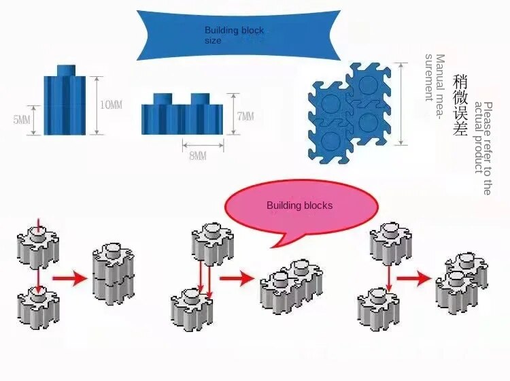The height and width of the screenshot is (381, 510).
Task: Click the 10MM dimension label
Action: coord(111,105)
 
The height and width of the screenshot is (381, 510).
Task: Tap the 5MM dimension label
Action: coord(22,120)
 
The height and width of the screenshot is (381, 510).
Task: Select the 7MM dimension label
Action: coord(245,117)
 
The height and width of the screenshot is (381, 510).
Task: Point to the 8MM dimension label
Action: coord(197,156)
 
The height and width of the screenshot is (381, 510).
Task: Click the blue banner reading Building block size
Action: coord(236,35)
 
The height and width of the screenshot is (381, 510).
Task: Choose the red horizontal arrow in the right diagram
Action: coord(414,278)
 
